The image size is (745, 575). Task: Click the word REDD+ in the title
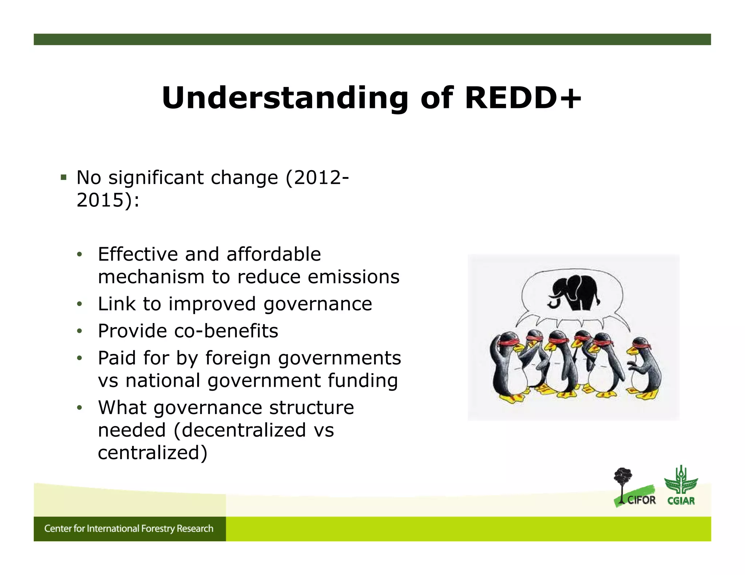[523, 98]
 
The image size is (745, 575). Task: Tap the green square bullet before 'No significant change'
[64, 178]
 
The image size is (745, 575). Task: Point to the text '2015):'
[108, 200]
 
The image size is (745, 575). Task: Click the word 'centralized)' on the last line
[152, 453]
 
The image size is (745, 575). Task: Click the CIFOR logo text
[641, 500]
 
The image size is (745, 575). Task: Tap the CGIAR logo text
[681, 501]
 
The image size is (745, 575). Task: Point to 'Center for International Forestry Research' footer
[129, 528]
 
